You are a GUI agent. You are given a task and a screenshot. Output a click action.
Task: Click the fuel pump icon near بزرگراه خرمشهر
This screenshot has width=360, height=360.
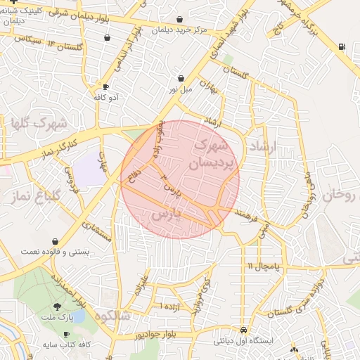342,46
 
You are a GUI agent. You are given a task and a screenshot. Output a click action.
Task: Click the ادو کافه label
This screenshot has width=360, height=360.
108,97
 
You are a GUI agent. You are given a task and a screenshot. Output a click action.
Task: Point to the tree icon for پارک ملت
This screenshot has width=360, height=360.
56,307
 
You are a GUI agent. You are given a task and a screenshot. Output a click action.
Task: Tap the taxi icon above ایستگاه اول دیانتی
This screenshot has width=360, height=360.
243,330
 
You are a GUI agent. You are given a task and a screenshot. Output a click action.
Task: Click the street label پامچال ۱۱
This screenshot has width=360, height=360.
263,266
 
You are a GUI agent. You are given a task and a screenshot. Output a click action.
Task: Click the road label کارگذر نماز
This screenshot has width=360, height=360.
53,146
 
